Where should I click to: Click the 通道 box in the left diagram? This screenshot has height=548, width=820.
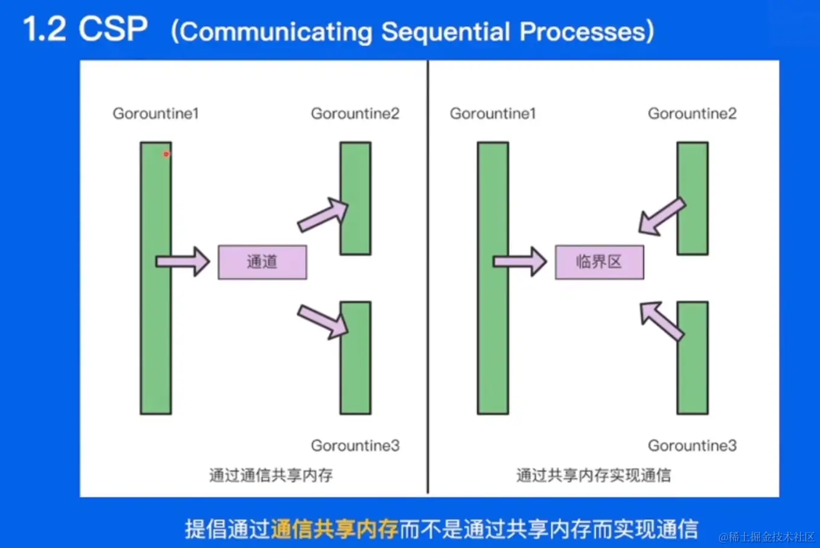262,262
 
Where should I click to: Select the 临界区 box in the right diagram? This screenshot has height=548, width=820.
599,262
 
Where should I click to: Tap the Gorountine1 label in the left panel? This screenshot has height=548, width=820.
156,113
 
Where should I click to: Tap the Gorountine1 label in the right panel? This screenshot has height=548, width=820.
493,113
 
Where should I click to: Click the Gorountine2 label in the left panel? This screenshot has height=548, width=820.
355,113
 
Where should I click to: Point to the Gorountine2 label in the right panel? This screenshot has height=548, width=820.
692,113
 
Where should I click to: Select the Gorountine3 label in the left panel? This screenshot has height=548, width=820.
355,445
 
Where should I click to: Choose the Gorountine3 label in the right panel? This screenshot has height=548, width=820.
692,445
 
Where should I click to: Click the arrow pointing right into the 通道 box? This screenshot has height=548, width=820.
183,261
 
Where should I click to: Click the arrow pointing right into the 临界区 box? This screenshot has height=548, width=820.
520,261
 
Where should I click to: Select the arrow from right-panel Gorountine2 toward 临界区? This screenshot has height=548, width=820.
661,216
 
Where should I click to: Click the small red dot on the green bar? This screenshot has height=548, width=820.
166,154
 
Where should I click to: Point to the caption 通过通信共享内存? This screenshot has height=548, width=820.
271,475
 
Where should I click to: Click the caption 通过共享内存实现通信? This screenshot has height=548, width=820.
593,475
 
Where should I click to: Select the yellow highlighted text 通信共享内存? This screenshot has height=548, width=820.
334,529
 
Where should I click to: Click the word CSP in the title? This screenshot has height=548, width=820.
113,29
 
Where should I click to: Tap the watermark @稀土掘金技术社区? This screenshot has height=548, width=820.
766,537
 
